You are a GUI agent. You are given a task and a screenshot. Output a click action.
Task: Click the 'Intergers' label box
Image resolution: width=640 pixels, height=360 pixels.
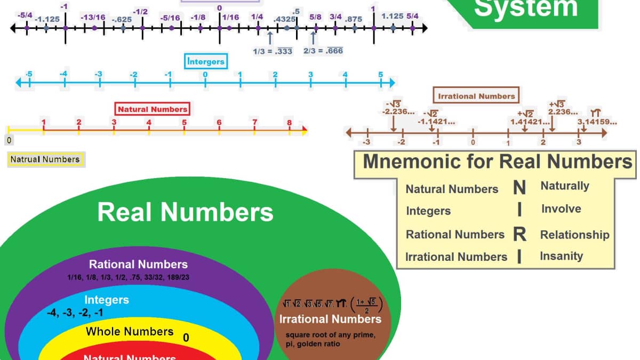[x=206, y=61]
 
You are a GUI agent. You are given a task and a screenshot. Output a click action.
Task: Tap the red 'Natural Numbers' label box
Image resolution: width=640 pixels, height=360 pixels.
[x=153, y=109]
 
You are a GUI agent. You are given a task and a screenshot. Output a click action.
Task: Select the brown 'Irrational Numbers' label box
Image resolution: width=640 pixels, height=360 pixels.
[x=476, y=96]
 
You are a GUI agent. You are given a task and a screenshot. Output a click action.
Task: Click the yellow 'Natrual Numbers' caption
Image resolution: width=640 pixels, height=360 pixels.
[x=45, y=159]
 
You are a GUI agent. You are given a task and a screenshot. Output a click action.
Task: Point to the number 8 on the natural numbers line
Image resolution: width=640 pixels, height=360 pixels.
[x=290, y=123]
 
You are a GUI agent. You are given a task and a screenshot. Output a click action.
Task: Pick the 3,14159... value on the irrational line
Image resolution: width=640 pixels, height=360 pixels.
[x=597, y=122]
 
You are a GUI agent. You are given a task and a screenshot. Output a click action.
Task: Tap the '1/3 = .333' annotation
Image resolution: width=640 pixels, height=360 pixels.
[x=272, y=51]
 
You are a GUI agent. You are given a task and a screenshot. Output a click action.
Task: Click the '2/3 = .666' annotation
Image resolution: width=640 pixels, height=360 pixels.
[x=323, y=51]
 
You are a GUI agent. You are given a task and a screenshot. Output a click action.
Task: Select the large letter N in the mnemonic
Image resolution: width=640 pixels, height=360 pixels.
[x=519, y=188]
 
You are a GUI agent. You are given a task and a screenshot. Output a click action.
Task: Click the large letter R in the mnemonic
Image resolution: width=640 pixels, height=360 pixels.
[x=519, y=234]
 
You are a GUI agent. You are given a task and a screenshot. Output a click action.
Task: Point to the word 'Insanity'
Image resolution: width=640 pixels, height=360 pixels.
[x=561, y=256]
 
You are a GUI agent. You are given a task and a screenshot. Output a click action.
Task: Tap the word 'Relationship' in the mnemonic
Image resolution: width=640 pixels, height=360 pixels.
[x=574, y=235]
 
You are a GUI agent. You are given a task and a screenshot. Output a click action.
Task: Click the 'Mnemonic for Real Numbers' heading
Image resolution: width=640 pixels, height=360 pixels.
[x=497, y=162]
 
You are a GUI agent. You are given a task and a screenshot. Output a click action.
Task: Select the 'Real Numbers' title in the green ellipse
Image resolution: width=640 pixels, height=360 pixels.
[x=185, y=212]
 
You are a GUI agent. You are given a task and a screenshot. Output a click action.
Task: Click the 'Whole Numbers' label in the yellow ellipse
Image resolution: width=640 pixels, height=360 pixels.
[x=130, y=331]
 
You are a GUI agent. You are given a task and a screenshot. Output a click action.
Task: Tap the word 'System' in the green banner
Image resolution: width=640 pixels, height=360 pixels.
[x=525, y=9]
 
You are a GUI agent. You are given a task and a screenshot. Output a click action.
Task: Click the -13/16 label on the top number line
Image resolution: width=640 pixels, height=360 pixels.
[x=93, y=18]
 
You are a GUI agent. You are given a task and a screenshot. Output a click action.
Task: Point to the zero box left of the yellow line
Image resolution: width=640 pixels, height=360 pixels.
[x=9, y=140]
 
